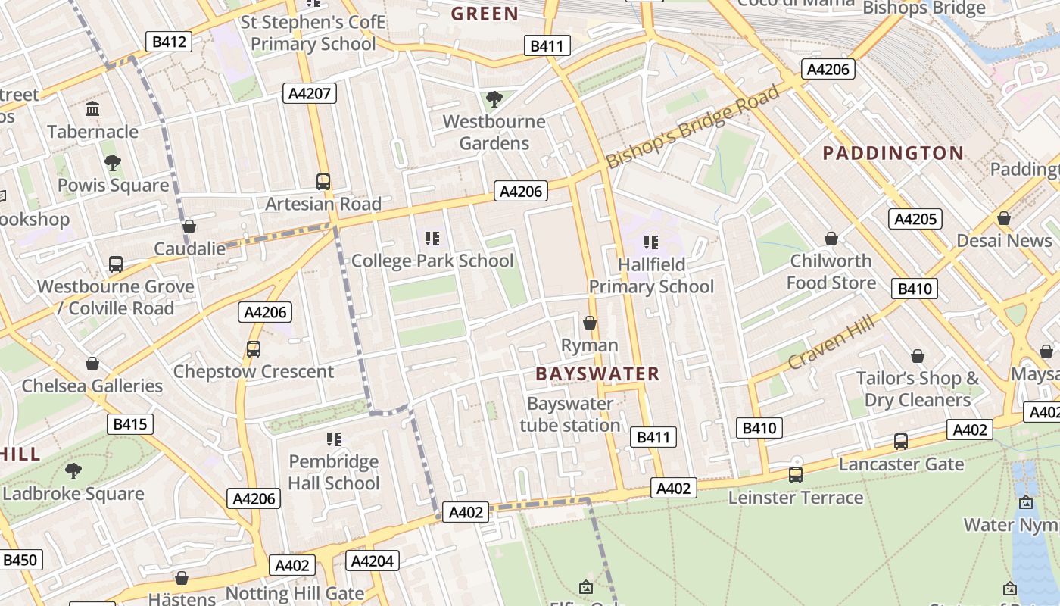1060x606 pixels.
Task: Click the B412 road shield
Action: tap(169, 42)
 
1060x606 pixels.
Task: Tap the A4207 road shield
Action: tap(310, 94)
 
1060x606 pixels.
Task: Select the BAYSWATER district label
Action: tap(597, 373)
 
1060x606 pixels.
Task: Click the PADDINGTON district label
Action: tap(893, 153)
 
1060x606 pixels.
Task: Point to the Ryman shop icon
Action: tap(590, 323)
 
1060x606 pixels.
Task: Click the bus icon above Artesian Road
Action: tap(323, 182)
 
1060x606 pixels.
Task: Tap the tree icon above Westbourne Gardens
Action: tap(494, 98)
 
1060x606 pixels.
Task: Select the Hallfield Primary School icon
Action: tap(651, 242)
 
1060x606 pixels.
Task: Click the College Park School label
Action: tap(432, 261)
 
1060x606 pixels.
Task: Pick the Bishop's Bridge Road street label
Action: tap(693, 127)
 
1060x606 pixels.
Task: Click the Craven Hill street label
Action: tap(831, 343)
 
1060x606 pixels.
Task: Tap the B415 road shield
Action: tap(129, 424)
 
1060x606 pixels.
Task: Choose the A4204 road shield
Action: tap(372, 561)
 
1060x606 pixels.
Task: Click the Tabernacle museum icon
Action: tap(92, 109)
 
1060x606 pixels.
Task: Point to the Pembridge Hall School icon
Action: tap(334, 439)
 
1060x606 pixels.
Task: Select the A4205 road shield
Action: tap(915, 220)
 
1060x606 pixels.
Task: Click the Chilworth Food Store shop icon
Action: tap(831, 239)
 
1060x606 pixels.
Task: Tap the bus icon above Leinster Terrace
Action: tap(796, 475)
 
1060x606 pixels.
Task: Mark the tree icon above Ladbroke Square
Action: tap(73, 471)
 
